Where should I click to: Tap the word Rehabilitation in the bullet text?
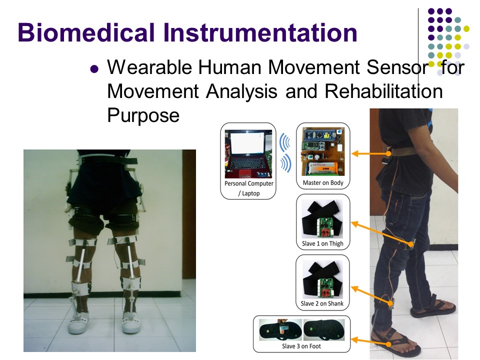click(x=383, y=91)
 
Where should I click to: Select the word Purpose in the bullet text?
click(x=143, y=115)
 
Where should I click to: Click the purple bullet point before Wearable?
click(x=94, y=69)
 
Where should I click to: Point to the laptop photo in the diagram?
click(x=248, y=154)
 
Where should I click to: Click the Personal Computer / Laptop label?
click(x=249, y=188)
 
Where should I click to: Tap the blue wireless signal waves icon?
click(x=285, y=152)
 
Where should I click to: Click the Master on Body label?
click(x=323, y=183)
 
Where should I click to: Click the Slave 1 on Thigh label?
click(x=322, y=243)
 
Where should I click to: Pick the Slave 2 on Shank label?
click(x=322, y=303)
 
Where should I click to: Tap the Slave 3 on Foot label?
click(x=301, y=346)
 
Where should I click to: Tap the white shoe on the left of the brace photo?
click(x=78, y=323)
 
